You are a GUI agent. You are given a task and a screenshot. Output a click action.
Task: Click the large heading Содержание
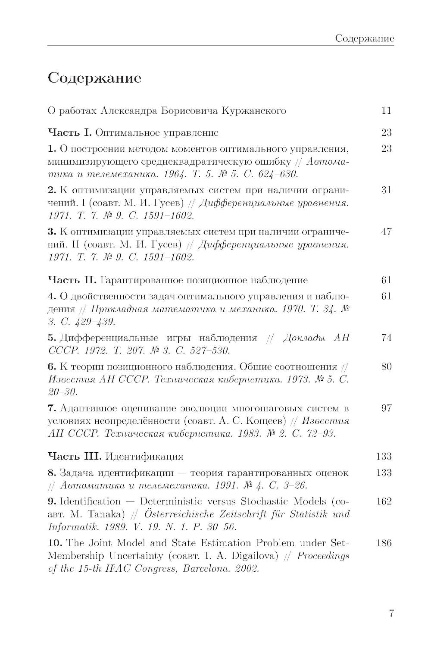[x=94, y=78]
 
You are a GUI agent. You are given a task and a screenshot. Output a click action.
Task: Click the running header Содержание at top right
[x=365, y=39]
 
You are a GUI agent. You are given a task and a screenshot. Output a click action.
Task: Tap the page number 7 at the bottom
[x=391, y=614]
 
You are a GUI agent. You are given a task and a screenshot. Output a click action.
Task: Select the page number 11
[x=386, y=111]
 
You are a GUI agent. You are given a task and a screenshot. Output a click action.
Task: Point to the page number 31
[x=386, y=190]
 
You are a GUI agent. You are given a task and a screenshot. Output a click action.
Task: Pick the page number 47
[x=386, y=232]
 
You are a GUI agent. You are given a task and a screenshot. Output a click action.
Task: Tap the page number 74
[x=386, y=338]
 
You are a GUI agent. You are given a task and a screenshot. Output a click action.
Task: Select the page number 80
[x=386, y=367]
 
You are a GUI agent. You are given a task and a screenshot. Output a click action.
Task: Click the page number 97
[x=386, y=408]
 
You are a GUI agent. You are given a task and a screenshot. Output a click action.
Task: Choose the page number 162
[x=384, y=501]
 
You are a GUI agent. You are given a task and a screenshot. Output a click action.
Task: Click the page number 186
[x=384, y=543]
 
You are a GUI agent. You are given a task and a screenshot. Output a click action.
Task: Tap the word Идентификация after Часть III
[x=144, y=456]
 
